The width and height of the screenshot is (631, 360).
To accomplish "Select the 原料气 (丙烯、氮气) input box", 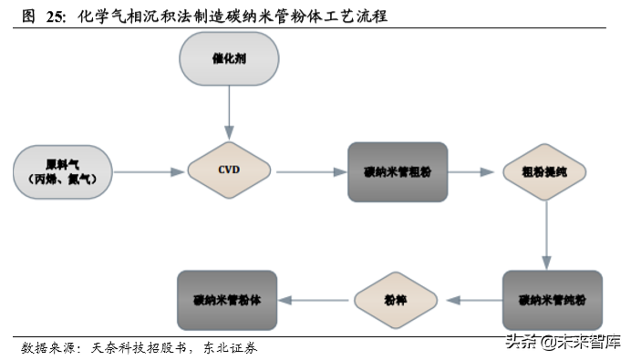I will coord(63,171).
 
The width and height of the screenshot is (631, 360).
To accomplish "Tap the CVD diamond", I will coord(229,170).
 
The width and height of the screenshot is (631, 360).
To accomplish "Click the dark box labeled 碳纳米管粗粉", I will coord(398,171).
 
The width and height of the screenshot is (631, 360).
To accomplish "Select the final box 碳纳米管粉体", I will coord(227,300).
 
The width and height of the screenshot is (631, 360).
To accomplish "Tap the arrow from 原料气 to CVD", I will coord(150,171).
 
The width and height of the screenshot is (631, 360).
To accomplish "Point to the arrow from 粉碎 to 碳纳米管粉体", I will coord(315,300).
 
